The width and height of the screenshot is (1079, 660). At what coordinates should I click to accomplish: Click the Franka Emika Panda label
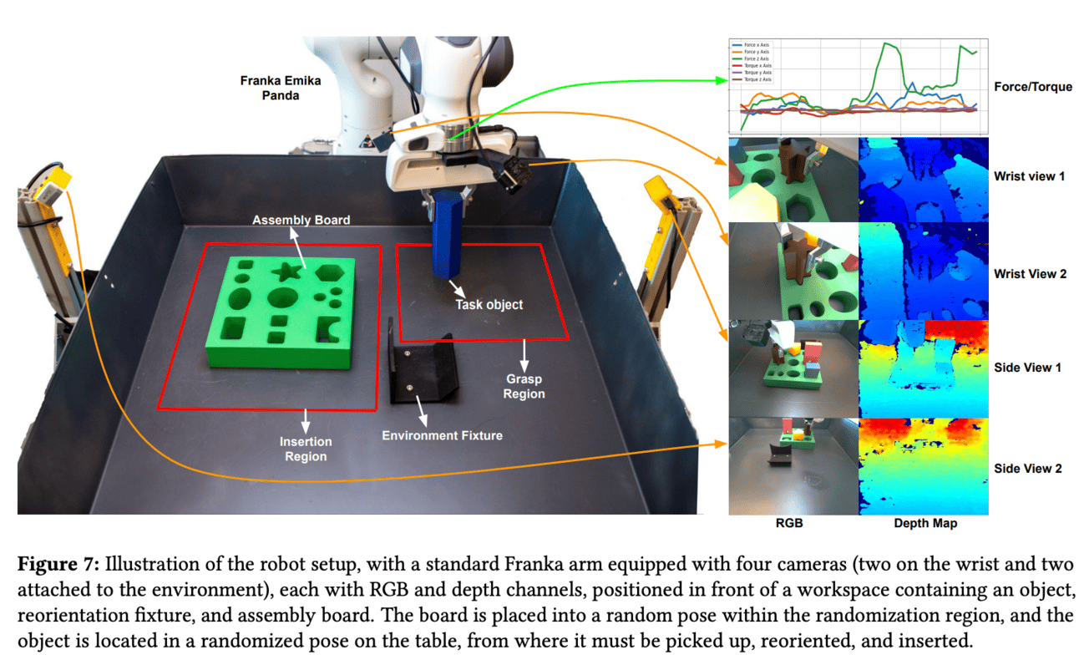tap(280, 88)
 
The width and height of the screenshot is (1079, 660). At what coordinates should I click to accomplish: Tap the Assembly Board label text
tap(301, 220)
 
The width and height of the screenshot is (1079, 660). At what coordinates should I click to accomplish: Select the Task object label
tap(489, 305)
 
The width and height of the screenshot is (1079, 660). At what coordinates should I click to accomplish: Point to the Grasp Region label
tap(524, 386)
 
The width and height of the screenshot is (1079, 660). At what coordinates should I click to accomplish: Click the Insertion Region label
tap(306, 449)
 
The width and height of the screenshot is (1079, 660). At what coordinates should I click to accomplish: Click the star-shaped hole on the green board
tap(286, 270)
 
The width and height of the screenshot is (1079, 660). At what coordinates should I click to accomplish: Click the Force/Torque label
tap(1033, 87)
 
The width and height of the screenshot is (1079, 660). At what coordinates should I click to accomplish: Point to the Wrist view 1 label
tap(1029, 177)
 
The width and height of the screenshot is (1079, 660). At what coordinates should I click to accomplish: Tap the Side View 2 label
tap(1027, 468)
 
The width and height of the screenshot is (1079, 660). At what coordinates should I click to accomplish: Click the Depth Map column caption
tap(924, 524)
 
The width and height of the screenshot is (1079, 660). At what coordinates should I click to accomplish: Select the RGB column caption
tap(791, 524)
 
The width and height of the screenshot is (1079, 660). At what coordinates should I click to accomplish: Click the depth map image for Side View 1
tap(924, 368)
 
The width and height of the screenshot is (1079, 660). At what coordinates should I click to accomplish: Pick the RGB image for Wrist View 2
tap(793, 271)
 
